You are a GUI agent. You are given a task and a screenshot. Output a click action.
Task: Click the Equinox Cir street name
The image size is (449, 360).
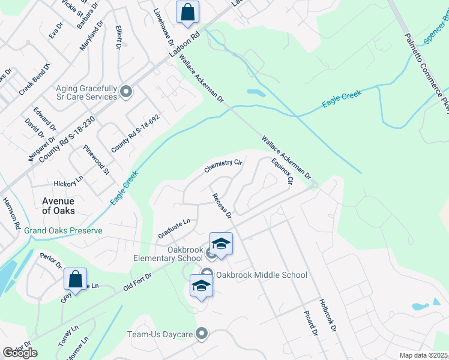click(x=281, y=170)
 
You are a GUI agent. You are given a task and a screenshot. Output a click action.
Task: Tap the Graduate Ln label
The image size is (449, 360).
click(x=174, y=226)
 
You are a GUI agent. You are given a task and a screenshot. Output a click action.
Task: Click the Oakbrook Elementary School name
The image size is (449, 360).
click(x=168, y=254)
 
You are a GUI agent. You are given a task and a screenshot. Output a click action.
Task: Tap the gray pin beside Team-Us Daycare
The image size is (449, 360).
click(x=202, y=333)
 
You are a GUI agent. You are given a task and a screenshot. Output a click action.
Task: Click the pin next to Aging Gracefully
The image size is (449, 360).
click(x=126, y=92)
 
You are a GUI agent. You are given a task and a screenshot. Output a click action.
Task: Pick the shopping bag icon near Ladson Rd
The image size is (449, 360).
click(x=187, y=12)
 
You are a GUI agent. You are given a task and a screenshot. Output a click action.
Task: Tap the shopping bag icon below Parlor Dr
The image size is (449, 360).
click(x=76, y=278)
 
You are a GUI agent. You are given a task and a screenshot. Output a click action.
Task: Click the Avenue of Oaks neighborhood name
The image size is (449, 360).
click(x=58, y=206)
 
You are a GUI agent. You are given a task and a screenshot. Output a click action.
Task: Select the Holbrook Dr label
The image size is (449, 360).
click(x=326, y=316)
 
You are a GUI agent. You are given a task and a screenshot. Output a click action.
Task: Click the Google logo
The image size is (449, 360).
click(x=20, y=353)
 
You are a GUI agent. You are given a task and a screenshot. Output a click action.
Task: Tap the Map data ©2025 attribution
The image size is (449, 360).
click(x=423, y=355)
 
